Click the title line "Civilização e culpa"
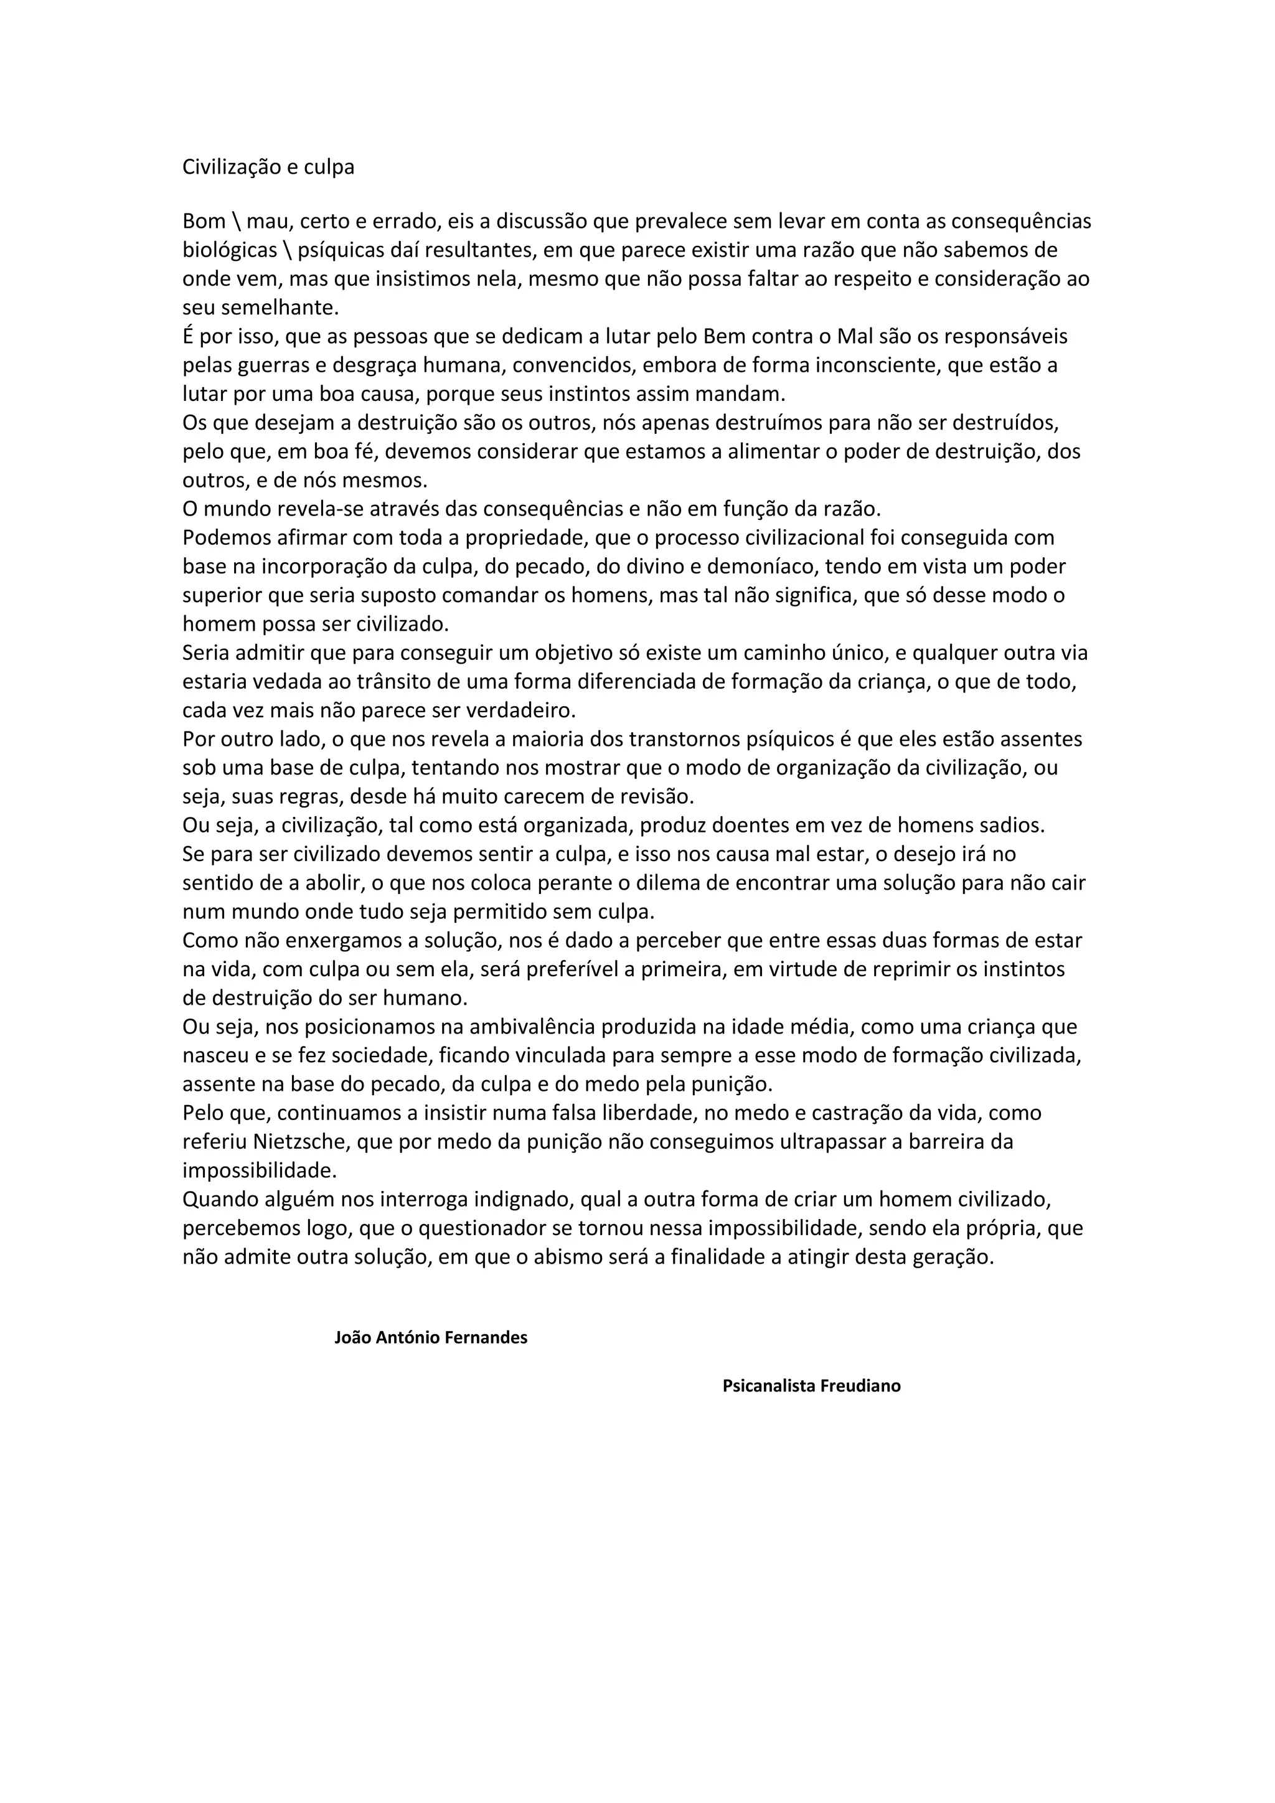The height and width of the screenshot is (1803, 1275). (x=268, y=167)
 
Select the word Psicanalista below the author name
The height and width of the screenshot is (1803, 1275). (x=769, y=1386)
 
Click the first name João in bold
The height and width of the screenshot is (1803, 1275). (x=352, y=1337)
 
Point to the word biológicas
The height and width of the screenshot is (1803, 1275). (x=229, y=250)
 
